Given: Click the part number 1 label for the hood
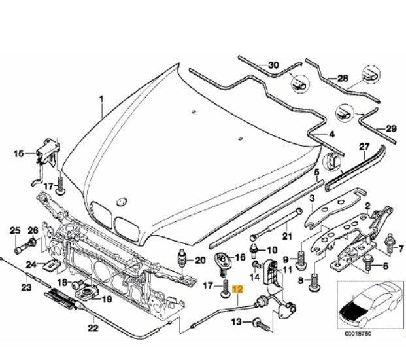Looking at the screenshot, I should point(101,99).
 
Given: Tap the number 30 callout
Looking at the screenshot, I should point(273,64).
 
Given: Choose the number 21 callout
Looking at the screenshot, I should point(286,236).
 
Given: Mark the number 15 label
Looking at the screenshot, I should point(19,154).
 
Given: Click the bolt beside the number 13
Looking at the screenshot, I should point(260,323).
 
